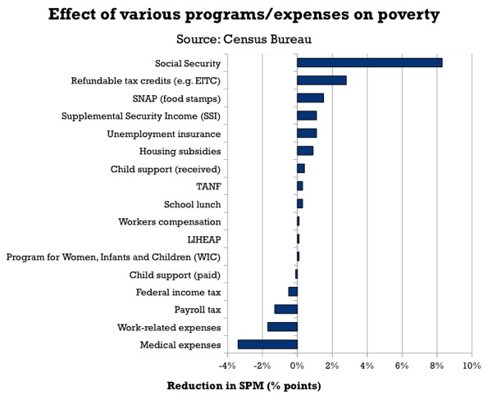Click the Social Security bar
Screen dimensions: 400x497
pyautogui.click(x=369, y=62)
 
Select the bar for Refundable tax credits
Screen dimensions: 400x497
pyautogui.click(x=321, y=80)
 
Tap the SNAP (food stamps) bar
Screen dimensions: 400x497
pyautogui.click(x=310, y=98)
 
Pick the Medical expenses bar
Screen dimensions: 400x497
pyautogui.click(x=267, y=344)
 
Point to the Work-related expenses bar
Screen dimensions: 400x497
pyautogui.click(x=282, y=327)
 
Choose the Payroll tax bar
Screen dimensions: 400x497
pyautogui.click(x=285, y=309)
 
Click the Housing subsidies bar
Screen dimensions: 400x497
pyautogui.click(x=305, y=150)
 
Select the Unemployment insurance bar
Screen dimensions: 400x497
pyautogui.click(x=307, y=133)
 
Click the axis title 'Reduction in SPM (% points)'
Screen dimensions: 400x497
pyautogui.click(x=244, y=385)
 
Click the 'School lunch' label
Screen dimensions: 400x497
pyautogui.click(x=193, y=204)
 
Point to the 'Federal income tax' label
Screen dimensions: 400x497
pyautogui.click(x=178, y=292)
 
